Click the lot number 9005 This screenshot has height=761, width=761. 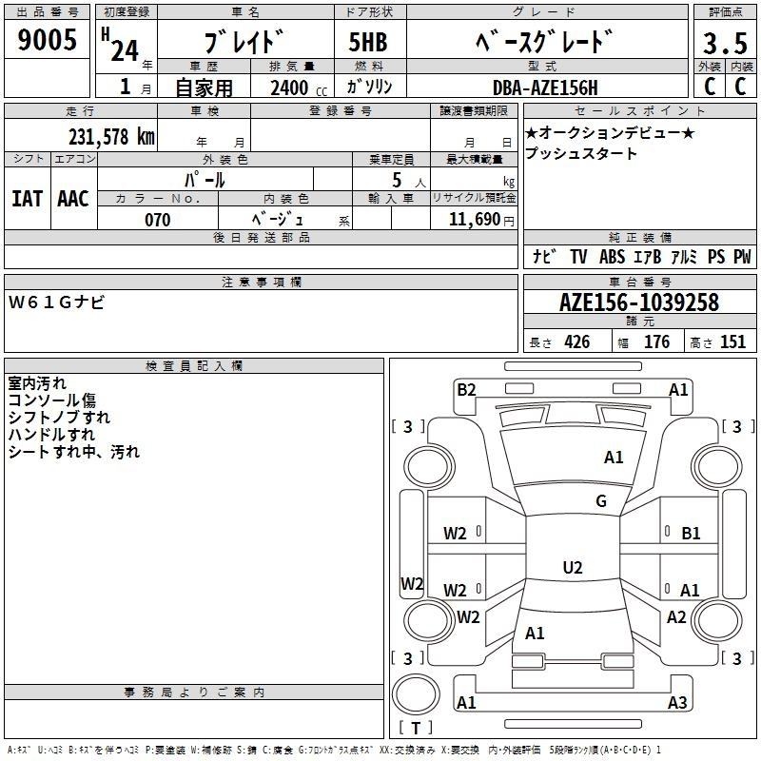point(47,39)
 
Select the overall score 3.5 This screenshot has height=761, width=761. point(725,43)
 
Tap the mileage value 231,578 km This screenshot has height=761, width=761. point(111,136)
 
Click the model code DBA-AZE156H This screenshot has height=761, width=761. point(545,88)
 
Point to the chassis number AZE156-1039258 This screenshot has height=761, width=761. point(639,302)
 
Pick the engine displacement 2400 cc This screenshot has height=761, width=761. point(299,88)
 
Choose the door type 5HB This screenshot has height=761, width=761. point(368,42)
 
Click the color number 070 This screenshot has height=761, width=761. point(158,220)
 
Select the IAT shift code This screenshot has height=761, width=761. point(28,199)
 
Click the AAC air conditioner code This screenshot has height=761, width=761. point(73,199)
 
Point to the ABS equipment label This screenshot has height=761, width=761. point(612,256)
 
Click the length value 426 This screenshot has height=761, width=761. point(577,342)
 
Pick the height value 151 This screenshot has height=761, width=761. point(732,342)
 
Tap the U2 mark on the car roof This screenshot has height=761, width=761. point(573,567)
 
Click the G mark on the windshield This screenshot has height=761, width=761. point(601,500)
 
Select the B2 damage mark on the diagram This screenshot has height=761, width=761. point(466,389)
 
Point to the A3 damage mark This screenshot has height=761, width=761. point(677,702)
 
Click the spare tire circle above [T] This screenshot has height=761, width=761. point(416,694)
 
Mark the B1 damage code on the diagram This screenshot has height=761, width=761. point(692,534)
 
